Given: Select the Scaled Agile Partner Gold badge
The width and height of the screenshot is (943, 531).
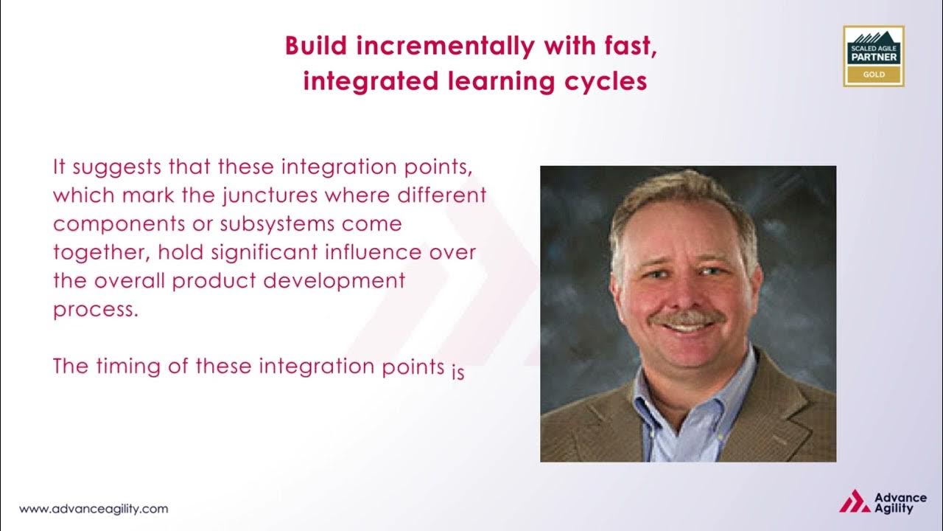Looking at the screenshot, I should pyautogui.click(x=873, y=56).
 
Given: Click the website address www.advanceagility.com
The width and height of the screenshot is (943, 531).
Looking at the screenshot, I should pyautogui.click(x=94, y=509).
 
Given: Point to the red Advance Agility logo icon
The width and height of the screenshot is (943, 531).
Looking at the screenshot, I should pyautogui.click(x=854, y=502).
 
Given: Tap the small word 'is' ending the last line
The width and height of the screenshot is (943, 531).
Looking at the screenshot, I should pyautogui.click(x=458, y=372).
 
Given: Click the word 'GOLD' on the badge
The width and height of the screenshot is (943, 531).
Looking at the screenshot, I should pyautogui.click(x=873, y=75).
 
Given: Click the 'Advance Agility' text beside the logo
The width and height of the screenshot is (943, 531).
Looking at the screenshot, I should pyautogui.click(x=894, y=503).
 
